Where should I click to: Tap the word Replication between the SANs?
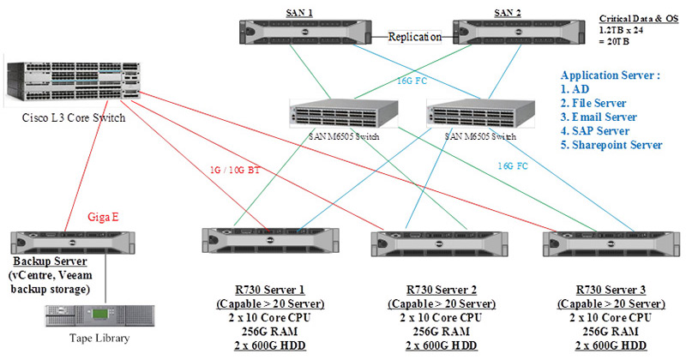click(415, 37)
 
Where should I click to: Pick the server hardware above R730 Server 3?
click(604, 243)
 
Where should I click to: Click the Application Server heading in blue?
click(610, 75)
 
